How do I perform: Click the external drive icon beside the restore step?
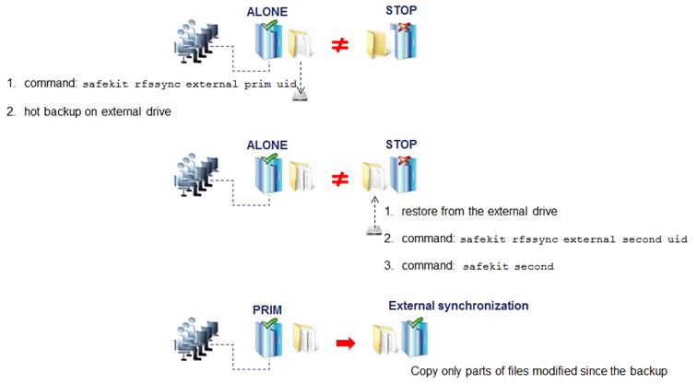click(x=373, y=229)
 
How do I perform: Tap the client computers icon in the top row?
click(x=197, y=43)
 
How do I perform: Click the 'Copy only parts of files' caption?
click(x=538, y=370)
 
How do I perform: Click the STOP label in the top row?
click(x=402, y=12)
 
